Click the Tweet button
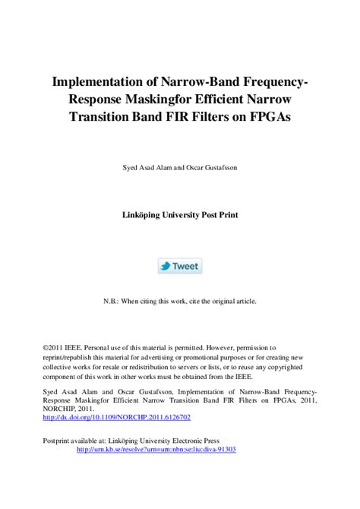point(179,266)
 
